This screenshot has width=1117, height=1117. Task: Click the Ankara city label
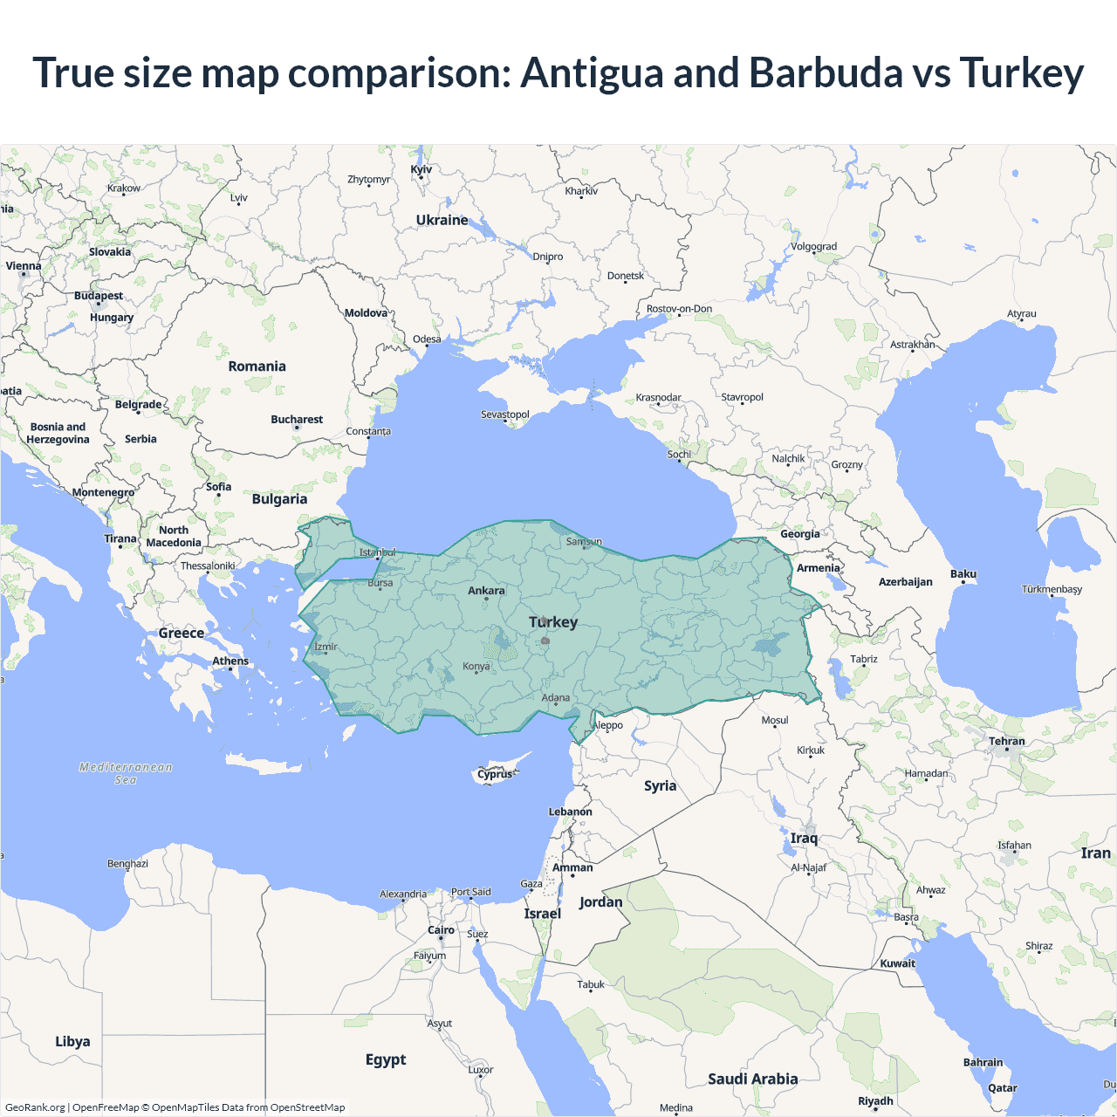486,591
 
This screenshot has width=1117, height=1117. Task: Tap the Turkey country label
553,622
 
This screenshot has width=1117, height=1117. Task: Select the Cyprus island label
495,774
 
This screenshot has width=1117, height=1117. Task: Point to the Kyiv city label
421,169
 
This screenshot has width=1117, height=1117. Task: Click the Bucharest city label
297,420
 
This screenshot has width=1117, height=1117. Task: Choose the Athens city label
230,661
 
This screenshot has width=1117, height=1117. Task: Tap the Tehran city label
1007,741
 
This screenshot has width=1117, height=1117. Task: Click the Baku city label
963,573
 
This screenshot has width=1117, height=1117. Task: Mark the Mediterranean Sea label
126,773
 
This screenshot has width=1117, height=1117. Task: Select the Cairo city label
441,930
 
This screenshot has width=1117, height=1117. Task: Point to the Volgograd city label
813,246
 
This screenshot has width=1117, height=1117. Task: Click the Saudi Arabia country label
752,1079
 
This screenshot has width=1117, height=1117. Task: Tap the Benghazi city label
127,863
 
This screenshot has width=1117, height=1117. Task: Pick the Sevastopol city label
505,414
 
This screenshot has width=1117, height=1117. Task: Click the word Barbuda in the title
826,72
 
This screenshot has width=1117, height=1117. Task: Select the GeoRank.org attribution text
35,1107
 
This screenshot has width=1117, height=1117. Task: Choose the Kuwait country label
898,963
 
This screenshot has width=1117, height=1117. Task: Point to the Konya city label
476,666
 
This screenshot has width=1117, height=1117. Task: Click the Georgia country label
800,534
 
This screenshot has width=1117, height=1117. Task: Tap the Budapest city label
99,296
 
